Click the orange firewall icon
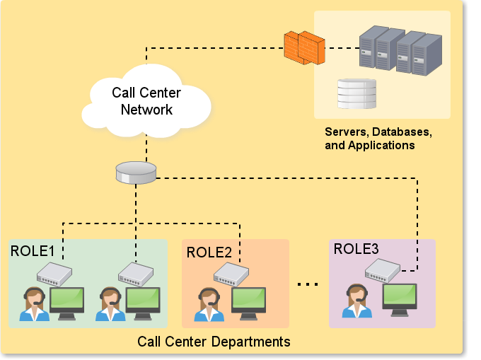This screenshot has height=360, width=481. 304,47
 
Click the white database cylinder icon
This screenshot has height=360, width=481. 357,94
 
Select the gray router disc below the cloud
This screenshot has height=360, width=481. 136,173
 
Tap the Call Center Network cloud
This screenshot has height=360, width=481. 146,101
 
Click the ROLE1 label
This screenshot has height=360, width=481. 33,251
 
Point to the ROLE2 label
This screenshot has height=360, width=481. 209,252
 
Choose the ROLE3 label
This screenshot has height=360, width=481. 356,249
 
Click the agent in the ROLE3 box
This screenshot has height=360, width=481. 357,301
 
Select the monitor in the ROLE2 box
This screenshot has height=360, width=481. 248,303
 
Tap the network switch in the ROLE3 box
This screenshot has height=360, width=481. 383,270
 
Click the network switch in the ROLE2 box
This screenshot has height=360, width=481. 231,274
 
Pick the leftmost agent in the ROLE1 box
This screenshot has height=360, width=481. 35,304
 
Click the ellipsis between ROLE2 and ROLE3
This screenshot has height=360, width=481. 308,284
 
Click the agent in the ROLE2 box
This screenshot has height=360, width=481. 209,304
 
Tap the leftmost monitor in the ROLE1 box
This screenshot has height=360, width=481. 67,303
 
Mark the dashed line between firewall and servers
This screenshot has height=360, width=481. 342,48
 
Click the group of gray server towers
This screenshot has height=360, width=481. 400,51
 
